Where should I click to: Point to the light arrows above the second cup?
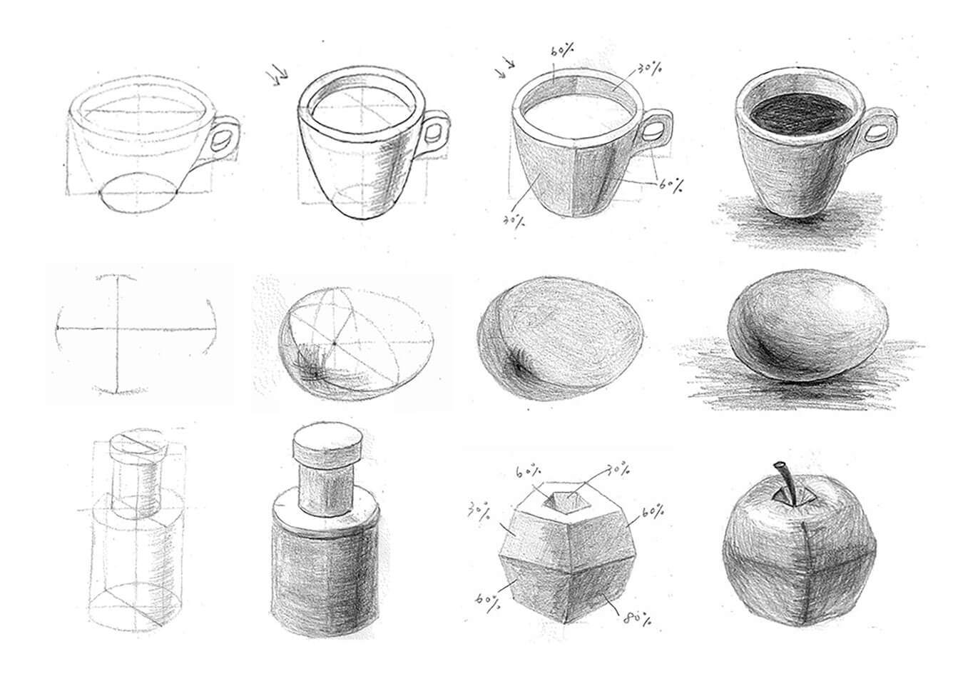276,73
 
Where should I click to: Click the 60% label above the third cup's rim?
562,51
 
